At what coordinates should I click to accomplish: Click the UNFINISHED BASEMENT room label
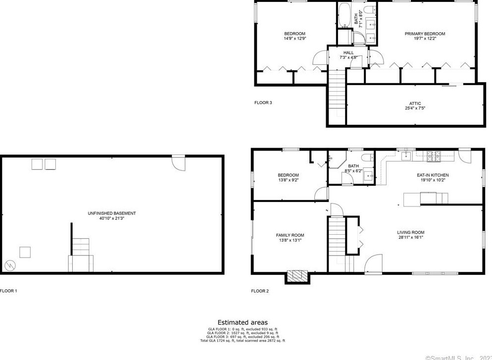tap(111, 213)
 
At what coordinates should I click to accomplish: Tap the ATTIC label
tap(415, 103)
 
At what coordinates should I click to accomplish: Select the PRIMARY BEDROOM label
tap(425, 34)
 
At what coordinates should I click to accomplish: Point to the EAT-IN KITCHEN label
tap(433, 175)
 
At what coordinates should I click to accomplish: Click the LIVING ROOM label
tap(410, 232)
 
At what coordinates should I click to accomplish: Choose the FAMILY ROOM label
tap(290, 235)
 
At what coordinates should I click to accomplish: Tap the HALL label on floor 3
tap(348, 52)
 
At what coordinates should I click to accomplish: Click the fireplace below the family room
tap(297, 276)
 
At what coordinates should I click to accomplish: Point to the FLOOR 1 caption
tap(9, 291)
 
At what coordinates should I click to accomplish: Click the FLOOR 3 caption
tap(263, 103)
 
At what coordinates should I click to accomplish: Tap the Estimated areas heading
tap(243, 322)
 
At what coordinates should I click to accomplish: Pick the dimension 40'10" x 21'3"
tap(111, 218)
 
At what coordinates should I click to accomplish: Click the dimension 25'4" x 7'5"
tap(415, 108)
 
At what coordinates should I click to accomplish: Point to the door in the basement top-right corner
tap(178, 162)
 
